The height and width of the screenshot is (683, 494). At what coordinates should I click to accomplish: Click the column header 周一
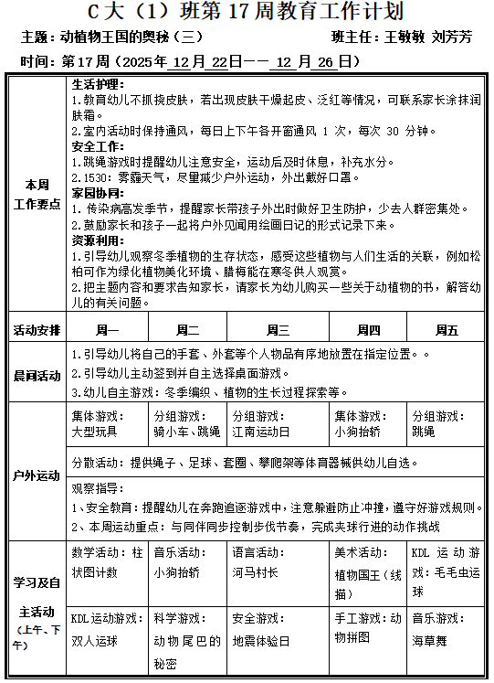pos(108,330)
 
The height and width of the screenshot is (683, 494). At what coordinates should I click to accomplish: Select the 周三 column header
pos(278,330)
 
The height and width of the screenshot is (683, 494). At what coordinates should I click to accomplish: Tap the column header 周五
pos(447,330)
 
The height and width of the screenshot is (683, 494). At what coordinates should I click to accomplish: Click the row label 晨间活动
pos(37,375)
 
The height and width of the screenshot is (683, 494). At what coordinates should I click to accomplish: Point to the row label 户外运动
pos(37,475)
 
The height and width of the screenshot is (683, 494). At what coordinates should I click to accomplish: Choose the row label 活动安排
pos(37,330)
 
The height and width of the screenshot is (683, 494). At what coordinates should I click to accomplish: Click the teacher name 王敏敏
pos(407,38)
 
